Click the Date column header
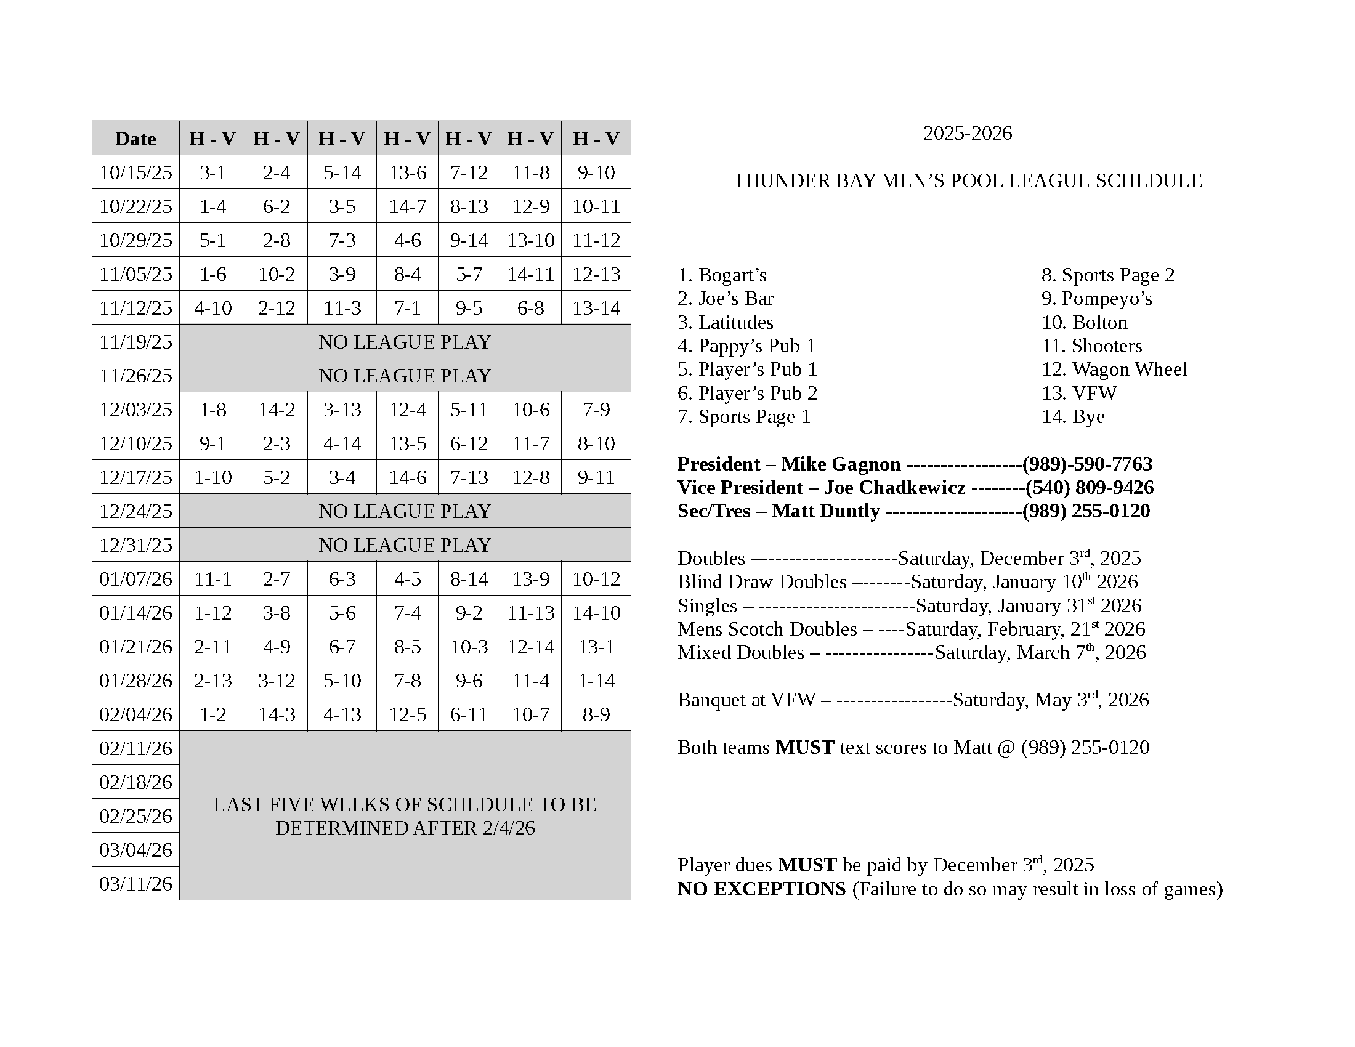(135, 139)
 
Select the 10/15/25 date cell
(135, 172)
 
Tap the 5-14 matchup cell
(342, 172)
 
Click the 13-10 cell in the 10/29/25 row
(530, 240)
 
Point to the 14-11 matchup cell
(530, 274)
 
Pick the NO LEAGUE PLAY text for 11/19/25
(405, 342)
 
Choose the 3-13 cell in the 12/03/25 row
(342, 410)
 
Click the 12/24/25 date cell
(135, 511)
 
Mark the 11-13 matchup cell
(530, 613)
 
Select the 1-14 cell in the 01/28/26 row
(596, 681)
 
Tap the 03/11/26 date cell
(135, 883)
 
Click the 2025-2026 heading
(967, 134)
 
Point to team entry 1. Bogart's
(722, 275)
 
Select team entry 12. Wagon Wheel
(1114, 369)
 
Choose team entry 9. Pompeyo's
(1096, 298)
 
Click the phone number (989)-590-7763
(1087, 464)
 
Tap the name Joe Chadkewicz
(895, 488)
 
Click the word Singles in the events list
(707, 605)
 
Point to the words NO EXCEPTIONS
(761, 889)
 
